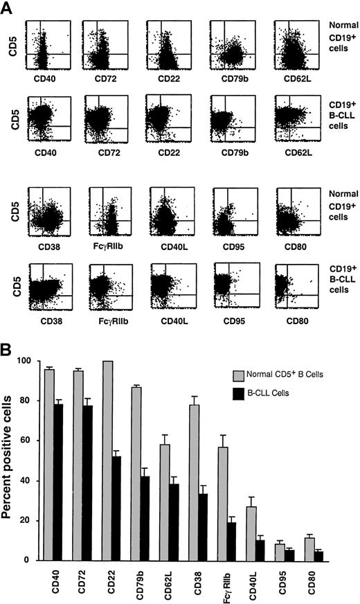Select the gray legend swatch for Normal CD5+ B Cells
click(238, 374)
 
